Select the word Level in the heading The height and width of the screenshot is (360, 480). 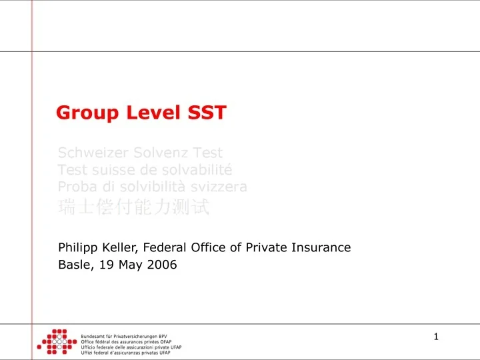coord(147,113)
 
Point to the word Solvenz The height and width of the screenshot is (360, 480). coord(154,153)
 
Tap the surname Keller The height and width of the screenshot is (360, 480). coord(120,247)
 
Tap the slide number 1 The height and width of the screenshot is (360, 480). coord(436,337)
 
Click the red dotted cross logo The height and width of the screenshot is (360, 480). coord(55,341)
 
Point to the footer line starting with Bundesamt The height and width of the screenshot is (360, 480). coord(124,336)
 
